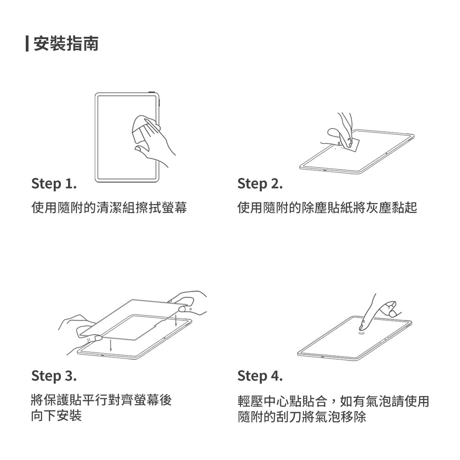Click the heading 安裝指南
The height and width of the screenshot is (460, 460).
pyautogui.click(x=66, y=44)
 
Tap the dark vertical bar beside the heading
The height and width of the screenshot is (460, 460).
pyautogui.click(x=27, y=44)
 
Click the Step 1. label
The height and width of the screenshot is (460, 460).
pyautogui.click(x=54, y=184)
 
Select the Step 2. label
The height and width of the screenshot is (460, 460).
pyautogui.click(x=260, y=184)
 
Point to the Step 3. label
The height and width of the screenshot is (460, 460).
pyautogui.click(x=54, y=376)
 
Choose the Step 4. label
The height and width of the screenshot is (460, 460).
pyautogui.click(x=260, y=376)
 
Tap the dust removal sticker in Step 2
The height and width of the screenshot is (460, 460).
pyautogui.click(x=352, y=144)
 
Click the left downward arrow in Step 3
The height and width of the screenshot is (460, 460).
pyautogui.click(x=110, y=345)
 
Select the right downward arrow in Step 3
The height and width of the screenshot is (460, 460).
pyautogui.click(x=176, y=320)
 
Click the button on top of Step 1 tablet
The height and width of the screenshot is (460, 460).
pyautogui.click(x=152, y=92)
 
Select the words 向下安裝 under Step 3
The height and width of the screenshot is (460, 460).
pyautogui.click(x=56, y=415)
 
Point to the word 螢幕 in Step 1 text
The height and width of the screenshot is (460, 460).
pyautogui.click(x=174, y=207)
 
